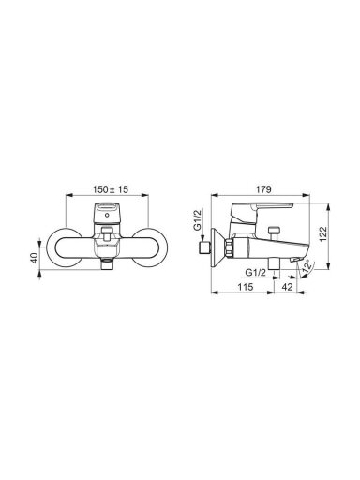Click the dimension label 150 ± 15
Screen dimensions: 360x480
[111, 189]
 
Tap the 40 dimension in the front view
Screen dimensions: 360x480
[34, 257]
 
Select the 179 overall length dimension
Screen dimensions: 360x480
[263, 189]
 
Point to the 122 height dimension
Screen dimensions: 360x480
[322, 233]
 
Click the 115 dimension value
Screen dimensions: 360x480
[245, 287]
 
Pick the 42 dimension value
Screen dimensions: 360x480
[287, 287]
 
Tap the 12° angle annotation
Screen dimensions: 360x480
[307, 266]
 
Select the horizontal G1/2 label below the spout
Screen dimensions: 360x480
[255, 273]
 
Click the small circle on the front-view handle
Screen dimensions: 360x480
[108, 215]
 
